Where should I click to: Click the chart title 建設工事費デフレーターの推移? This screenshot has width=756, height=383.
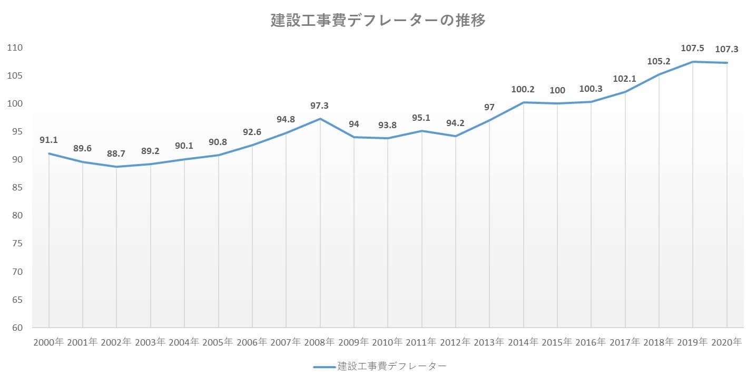point(378,21)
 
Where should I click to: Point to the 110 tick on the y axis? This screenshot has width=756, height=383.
point(15,47)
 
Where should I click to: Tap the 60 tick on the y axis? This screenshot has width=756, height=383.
point(17,328)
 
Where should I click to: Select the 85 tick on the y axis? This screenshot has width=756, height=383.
point(17,188)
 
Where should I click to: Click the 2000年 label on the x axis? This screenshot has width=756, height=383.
point(48,342)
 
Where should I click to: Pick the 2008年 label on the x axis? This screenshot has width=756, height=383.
point(320,342)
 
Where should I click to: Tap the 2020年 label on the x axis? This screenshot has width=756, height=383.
point(726,342)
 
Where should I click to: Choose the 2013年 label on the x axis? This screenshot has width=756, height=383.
point(489,342)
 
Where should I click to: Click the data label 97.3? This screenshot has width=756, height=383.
point(320,106)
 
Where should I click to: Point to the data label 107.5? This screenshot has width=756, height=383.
point(692,49)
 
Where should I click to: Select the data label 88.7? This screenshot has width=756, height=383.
point(116,154)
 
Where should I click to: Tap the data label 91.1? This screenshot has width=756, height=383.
point(48,140)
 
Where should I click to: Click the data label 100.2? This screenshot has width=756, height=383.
point(523,90)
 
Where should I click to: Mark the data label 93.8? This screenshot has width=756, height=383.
point(387,125)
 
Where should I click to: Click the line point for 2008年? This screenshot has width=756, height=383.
point(320,119)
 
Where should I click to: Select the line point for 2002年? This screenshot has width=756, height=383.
point(116,167)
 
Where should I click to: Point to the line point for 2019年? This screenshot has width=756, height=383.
point(693,62)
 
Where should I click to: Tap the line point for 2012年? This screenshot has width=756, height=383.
point(455,136)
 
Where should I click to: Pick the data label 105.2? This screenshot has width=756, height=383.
point(659,61)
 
